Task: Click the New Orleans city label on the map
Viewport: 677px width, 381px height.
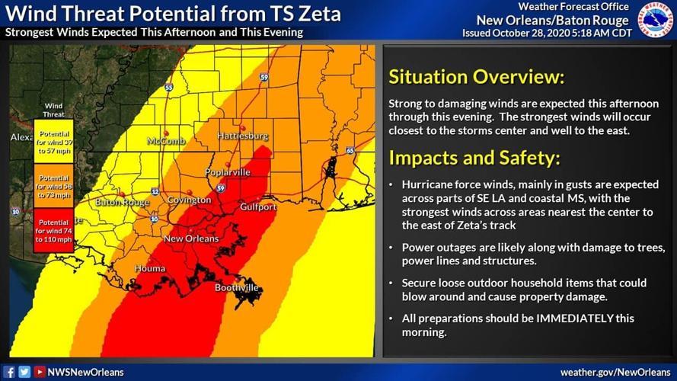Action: [191, 239]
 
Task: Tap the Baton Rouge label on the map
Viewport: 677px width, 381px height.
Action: [122, 203]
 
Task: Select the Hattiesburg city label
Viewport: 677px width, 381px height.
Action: [243, 136]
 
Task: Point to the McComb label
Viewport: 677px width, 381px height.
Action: [166, 141]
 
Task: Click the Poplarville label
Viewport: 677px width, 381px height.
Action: [227, 172]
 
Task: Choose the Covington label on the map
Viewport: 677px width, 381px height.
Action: [189, 200]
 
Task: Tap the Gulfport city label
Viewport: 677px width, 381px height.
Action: [257, 207]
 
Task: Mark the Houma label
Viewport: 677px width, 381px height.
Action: [149, 269]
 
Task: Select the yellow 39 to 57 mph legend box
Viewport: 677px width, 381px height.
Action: [53, 141]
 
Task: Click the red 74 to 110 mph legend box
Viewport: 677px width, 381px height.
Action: [53, 231]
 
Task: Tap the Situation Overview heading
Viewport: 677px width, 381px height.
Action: [476, 77]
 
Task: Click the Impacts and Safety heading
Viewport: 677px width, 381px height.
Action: [474, 158]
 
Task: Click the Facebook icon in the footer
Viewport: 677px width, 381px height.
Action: [10, 372]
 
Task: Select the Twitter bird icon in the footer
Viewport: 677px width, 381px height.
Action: [24, 372]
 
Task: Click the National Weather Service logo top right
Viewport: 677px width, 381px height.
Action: [655, 19]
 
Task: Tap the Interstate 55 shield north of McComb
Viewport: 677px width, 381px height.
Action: [168, 88]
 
